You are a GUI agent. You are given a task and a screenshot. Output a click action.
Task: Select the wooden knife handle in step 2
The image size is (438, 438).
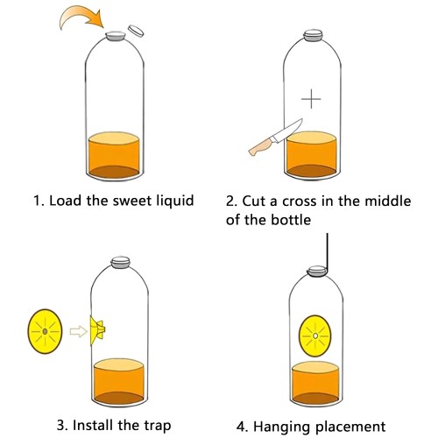260,149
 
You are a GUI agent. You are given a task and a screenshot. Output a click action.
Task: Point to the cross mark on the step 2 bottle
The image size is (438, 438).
312,98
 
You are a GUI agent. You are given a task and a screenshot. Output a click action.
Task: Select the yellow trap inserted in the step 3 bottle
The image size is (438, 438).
98,329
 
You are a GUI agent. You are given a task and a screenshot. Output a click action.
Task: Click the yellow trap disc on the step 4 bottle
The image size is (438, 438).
314,335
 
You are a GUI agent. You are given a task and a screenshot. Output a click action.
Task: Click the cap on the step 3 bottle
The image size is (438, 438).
117,260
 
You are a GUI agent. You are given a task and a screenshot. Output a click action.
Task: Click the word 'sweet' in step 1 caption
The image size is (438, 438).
118,200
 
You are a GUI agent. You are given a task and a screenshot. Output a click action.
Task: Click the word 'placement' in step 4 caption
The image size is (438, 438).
350,427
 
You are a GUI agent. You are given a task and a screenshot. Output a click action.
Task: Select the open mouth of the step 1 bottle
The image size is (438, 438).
115,36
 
